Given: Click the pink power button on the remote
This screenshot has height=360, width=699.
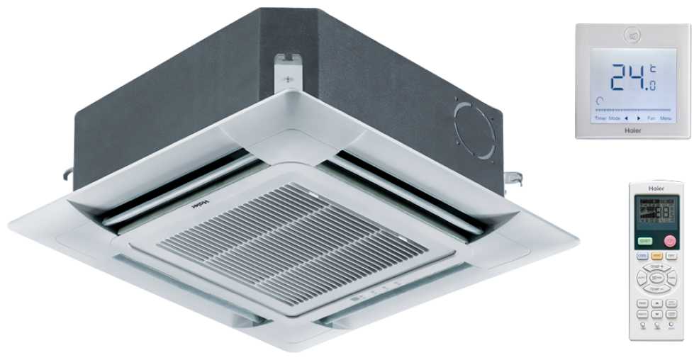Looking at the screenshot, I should pos(669,240).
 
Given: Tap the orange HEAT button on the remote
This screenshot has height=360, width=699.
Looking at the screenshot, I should pos(656,255).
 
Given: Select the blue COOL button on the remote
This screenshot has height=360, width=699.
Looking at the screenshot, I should pos(642,255).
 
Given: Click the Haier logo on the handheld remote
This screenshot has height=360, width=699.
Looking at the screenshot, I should pos(656,188).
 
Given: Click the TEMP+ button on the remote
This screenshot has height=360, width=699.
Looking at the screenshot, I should pos(656,268).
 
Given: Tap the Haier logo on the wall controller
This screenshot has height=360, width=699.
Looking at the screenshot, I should pos(632,130).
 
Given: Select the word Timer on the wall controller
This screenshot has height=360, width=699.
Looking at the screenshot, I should pos(600,118).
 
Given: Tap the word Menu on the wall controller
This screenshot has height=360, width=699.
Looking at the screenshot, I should pos(666,118).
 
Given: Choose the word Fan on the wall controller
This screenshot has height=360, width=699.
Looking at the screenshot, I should pos(651,118).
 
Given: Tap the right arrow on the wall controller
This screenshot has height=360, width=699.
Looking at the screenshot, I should pos(639,118).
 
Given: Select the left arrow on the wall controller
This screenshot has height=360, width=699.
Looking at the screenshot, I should pos(626,118).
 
